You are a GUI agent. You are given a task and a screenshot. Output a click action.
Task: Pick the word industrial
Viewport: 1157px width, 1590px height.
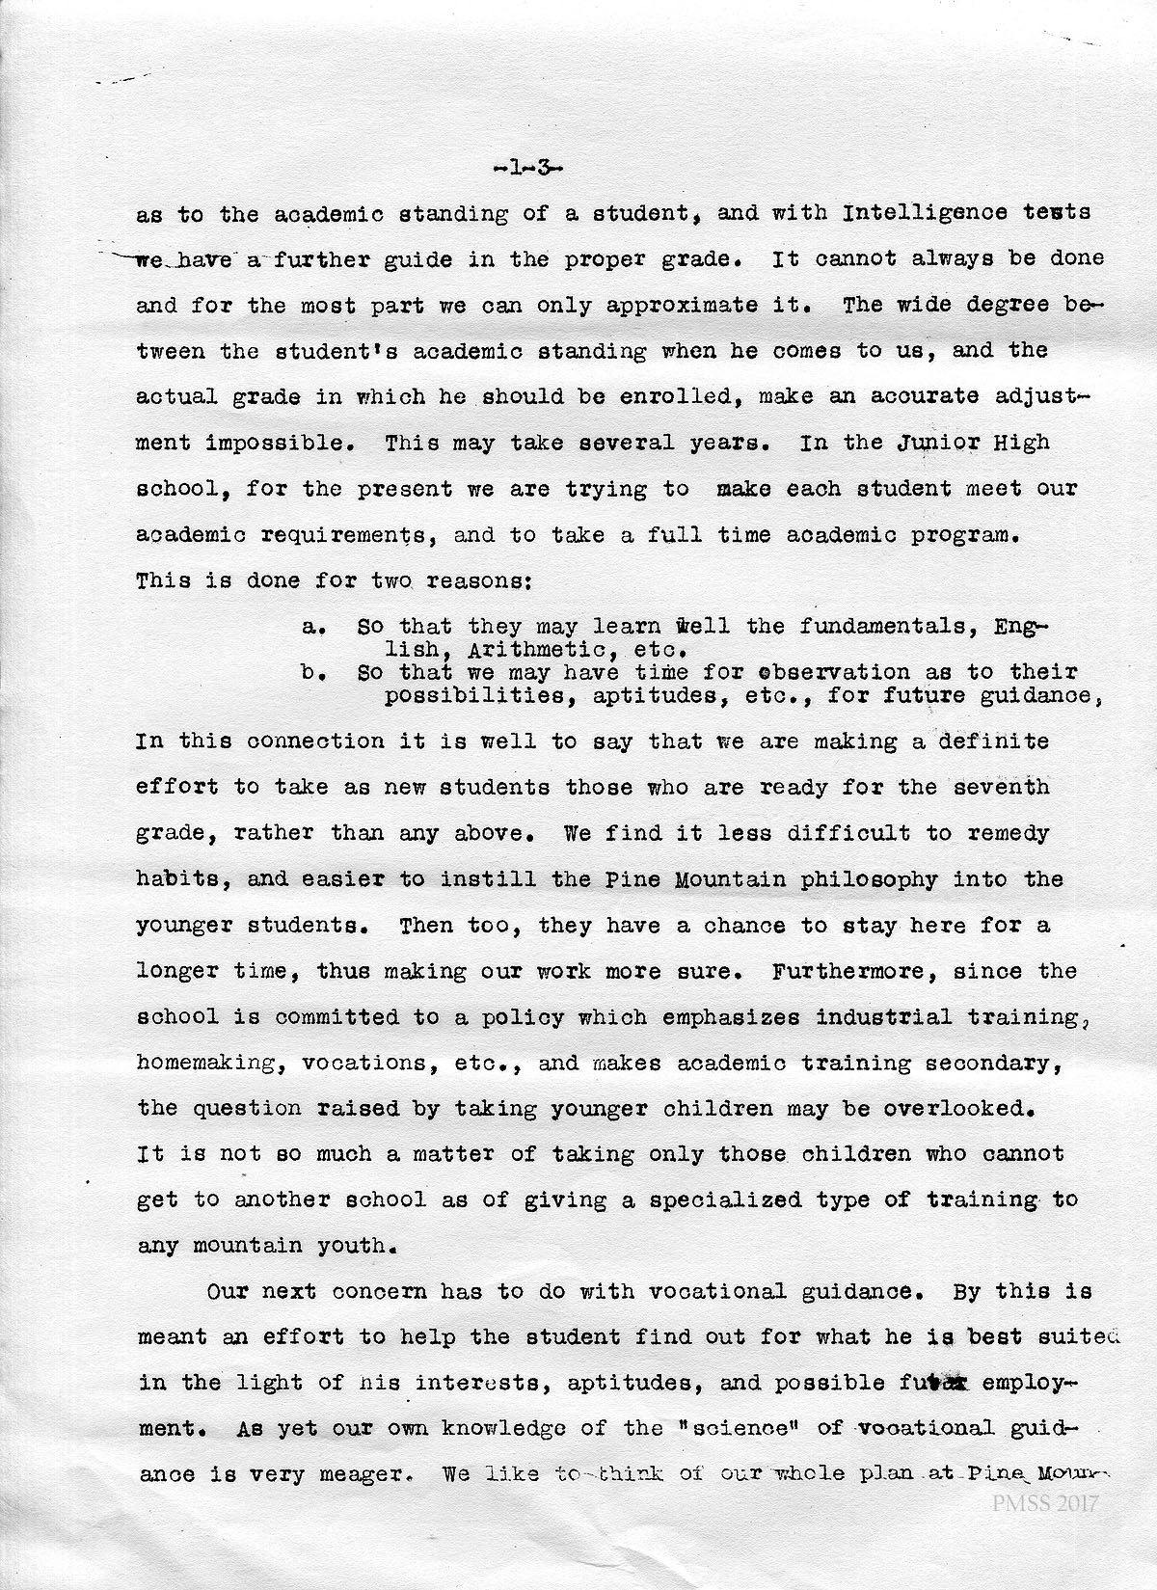[x=883, y=1017]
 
